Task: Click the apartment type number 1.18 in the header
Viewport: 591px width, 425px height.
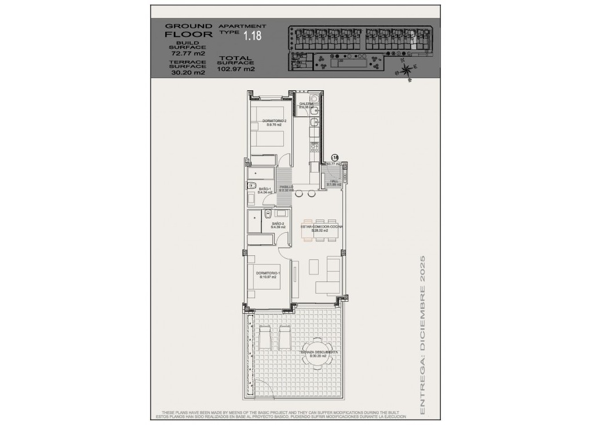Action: click(252, 36)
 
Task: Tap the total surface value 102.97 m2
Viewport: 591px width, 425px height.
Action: click(236, 69)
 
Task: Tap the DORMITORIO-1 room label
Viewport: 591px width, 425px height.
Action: click(267, 275)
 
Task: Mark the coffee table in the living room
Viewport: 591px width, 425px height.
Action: click(313, 267)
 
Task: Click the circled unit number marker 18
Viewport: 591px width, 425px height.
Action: click(334, 157)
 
